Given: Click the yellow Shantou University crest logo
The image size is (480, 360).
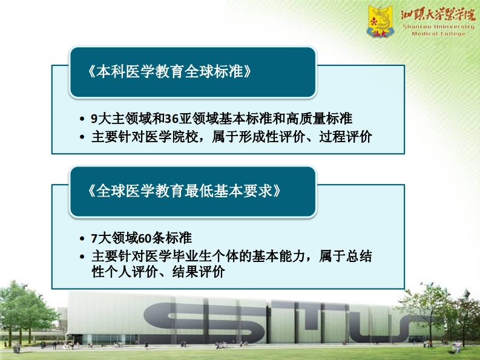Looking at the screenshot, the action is point(380,21).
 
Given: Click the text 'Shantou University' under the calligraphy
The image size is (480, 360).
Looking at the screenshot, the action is point(438,27).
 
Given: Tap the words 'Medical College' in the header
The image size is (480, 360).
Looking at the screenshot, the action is point(438,33).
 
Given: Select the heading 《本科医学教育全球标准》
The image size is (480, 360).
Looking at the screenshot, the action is point(169,71).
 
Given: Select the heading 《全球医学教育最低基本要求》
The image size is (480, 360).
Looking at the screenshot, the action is point(184,191).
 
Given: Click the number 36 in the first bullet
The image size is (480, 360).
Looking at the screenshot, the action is point(172,119).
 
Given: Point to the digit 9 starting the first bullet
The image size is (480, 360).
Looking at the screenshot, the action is point(94,119).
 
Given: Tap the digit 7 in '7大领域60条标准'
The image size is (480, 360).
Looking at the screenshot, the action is point(94,238).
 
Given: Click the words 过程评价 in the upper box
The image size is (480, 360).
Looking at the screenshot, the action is point(346,137).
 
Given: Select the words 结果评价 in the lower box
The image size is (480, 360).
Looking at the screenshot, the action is point(199,272).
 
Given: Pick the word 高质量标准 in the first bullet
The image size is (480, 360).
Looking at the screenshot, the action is point(319,119).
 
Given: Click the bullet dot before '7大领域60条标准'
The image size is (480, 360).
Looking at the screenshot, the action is point(82,238).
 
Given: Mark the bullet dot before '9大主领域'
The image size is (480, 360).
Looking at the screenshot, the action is point(82,119).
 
